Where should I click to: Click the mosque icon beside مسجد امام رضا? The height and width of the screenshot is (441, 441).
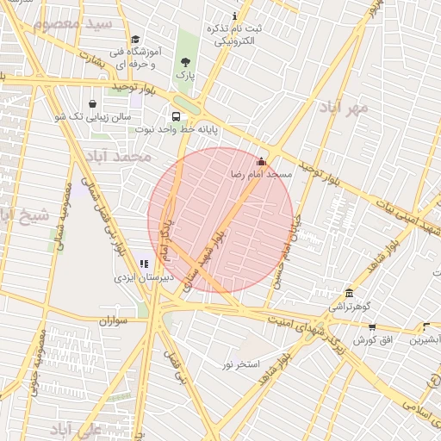click(x=262, y=161)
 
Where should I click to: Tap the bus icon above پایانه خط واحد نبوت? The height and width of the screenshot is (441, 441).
click(x=177, y=117)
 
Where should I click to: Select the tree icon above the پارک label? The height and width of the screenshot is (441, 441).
click(x=186, y=62)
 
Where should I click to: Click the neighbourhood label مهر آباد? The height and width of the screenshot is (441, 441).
click(x=343, y=107)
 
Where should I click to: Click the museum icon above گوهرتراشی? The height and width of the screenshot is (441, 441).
click(x=348, y=294)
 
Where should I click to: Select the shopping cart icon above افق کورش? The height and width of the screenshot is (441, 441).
click(x=372, y=327)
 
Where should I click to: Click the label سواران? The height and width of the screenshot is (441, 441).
click(x=113, y=320)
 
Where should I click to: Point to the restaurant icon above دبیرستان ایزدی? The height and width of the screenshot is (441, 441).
click(x=144, y=264)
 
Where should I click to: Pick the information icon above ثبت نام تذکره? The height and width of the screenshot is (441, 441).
click(x=235, y=16)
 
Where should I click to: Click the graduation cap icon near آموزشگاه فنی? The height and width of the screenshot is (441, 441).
click(x=135, y=39)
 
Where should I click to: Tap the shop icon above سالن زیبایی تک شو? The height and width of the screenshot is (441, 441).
click(x=92, y=103)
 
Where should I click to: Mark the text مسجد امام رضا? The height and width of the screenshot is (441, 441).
click(x=261, y=174)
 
